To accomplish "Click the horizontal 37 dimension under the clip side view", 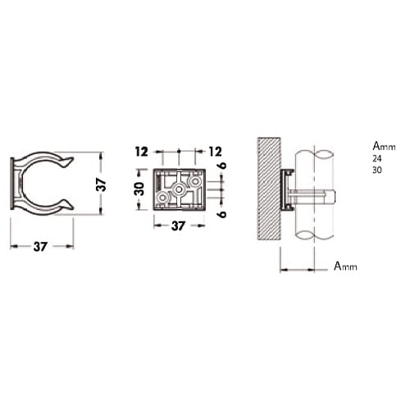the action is pos(40,247).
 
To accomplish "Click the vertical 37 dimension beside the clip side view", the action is pos(102,184).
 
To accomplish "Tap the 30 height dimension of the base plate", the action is pos(139,189).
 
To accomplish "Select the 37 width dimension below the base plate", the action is pos(178,226).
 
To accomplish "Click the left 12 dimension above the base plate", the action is pos(142,152).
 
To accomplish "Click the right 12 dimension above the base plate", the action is pos(216,152).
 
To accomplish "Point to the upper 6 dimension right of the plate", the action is pos(223,166).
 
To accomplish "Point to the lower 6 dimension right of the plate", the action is pos(223,214).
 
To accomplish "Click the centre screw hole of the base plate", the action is pos(179,189).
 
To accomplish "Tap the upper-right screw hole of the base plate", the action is pos(195,181).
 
